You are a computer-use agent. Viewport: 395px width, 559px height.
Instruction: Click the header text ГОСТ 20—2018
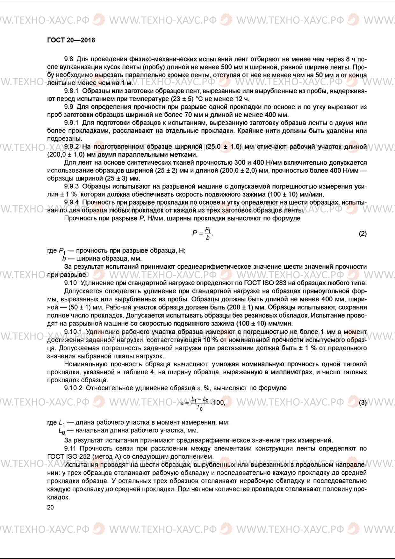71,40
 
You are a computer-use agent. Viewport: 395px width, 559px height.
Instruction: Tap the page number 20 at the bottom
50,507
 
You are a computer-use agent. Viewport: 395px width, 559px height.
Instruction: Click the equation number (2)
363,233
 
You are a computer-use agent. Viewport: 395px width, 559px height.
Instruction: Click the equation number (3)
363,403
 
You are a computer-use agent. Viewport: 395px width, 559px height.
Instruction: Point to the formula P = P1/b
203,233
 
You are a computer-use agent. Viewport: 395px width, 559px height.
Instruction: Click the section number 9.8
68,59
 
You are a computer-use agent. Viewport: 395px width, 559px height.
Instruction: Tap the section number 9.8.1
71,91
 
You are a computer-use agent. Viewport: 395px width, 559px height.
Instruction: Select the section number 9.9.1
71,123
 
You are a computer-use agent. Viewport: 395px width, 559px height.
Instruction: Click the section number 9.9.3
71,186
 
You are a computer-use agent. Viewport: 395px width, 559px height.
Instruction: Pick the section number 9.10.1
73,332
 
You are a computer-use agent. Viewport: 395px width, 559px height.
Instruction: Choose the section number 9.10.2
73,388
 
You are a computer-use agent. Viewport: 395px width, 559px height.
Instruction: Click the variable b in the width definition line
64,258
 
